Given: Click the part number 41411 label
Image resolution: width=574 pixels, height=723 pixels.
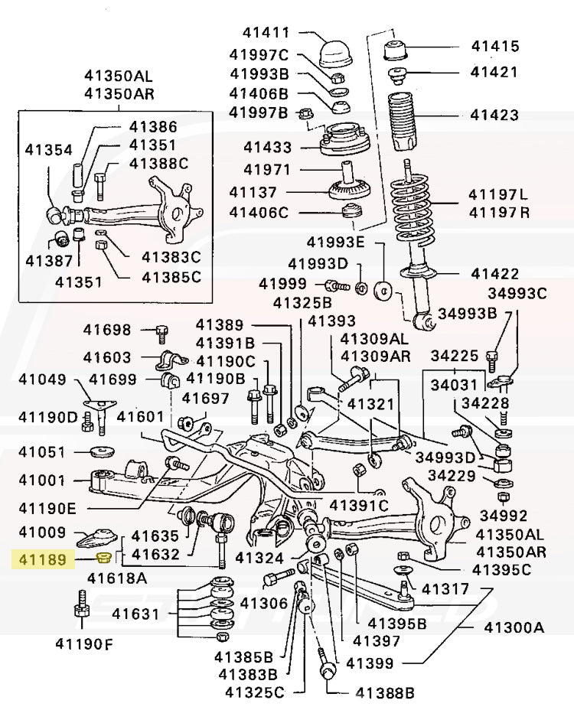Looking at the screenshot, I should coord(266,34).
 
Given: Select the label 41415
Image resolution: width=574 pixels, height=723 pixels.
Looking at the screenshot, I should coord(495,47).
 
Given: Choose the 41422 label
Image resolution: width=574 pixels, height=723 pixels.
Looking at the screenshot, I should coord(494,273).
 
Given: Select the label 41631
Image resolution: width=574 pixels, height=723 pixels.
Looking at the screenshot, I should coord(135,613).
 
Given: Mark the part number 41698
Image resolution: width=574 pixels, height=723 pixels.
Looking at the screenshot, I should coord(107,331).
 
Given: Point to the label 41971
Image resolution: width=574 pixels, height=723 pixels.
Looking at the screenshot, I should coord(266,169).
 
